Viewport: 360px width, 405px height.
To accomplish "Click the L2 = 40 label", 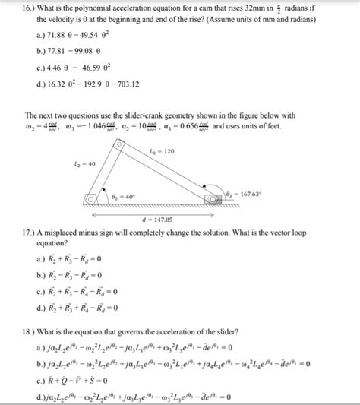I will tap(85, 164).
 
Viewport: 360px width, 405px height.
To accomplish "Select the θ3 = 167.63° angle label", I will tap(243, 194).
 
